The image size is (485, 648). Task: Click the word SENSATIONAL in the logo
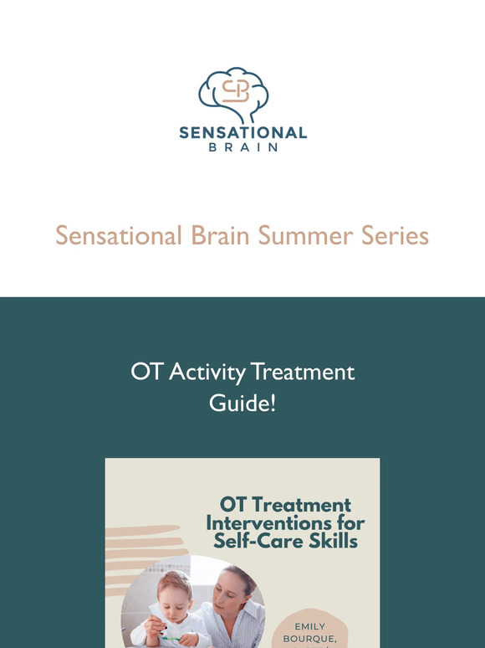[242, 132]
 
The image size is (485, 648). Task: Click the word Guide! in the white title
[242, 404]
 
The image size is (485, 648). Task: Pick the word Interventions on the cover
[285, 523]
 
